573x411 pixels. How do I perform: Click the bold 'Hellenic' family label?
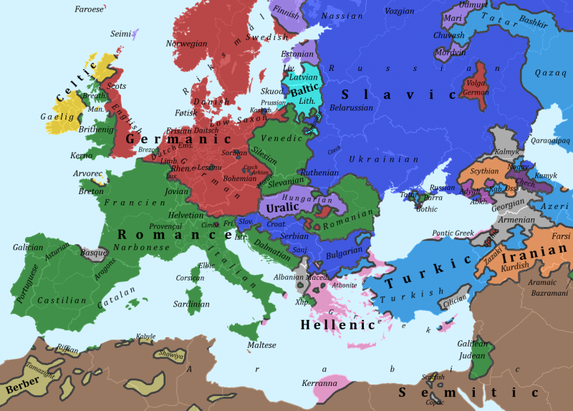[x=338, y=324]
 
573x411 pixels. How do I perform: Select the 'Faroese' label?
[x=89, y=9]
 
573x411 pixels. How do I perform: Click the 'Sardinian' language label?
[x=191, y=304]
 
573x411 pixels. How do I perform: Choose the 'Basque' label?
[x=94, y=252]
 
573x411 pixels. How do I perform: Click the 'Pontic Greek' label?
[x=453, y=233]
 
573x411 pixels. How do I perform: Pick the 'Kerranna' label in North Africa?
[x=319, y=383]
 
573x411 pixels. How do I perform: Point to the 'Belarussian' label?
[x=352, y=108]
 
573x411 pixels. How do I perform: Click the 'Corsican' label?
[x=190, y=278]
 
